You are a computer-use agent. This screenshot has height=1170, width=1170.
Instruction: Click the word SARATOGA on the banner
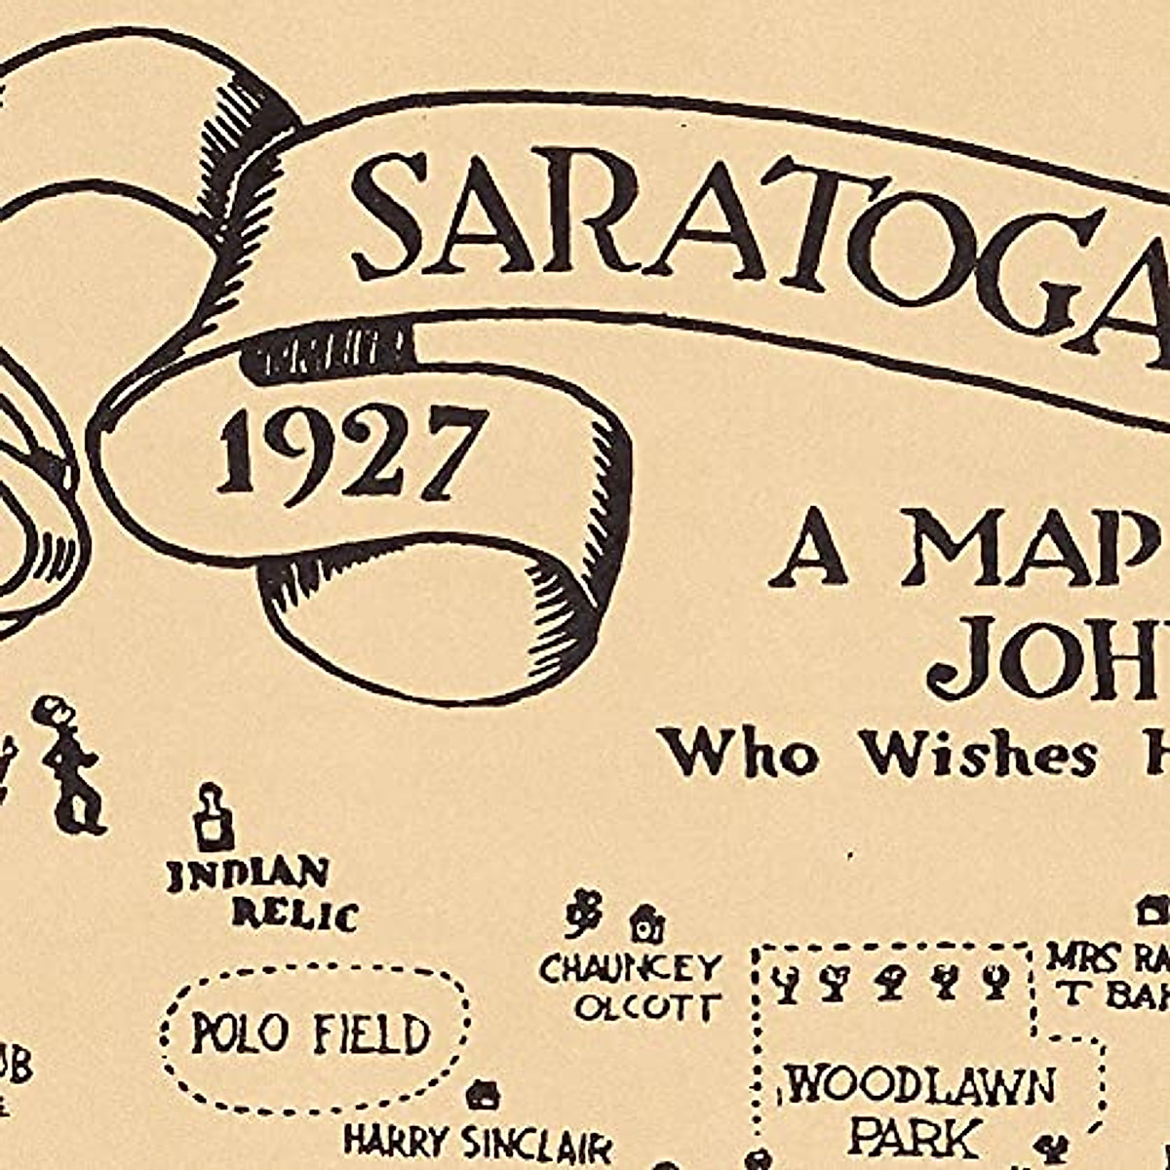click(x=760, y=229)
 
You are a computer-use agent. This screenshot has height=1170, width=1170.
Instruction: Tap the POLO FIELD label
click(x=310, y=1034)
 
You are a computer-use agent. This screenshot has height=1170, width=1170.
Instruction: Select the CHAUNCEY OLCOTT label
click(x=632, y=987)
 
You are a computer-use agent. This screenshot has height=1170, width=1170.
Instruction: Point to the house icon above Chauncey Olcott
click(x=646, y=918)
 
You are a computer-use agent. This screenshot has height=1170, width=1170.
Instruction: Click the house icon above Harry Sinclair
click(x=481, y=1095)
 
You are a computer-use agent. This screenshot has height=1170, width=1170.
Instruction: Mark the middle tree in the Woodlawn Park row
click(x=887, y=982)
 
